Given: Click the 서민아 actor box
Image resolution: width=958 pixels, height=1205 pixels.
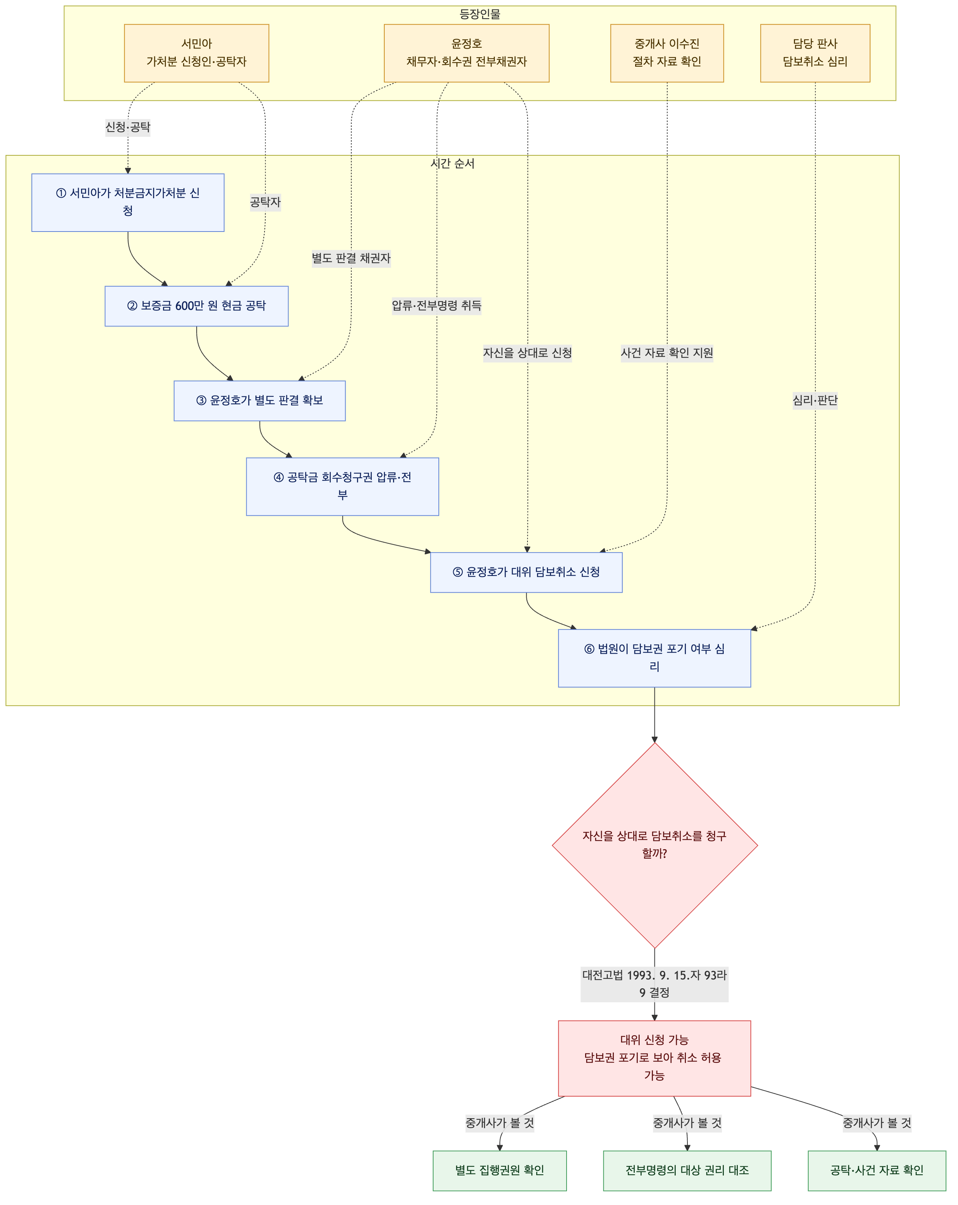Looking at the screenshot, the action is tap(196, 53).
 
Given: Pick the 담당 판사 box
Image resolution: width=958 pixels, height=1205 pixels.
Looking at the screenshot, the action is tap(814, 53).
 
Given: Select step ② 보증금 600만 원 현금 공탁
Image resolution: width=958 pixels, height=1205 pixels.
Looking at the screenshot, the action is tap(196, 306).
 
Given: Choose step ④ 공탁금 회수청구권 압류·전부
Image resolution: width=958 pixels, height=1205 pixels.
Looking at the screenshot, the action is tap(342, 486).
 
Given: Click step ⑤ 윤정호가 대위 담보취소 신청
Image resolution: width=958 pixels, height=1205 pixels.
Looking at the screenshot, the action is tap(526, 572).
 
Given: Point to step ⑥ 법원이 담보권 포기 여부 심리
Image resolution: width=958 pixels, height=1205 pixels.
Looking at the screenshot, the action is tap(654, 658).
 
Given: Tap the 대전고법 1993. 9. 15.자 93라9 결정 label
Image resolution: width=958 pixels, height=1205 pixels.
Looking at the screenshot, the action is tap(654, 984).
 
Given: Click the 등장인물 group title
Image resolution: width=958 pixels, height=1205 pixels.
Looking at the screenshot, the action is tap(479, 14).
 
